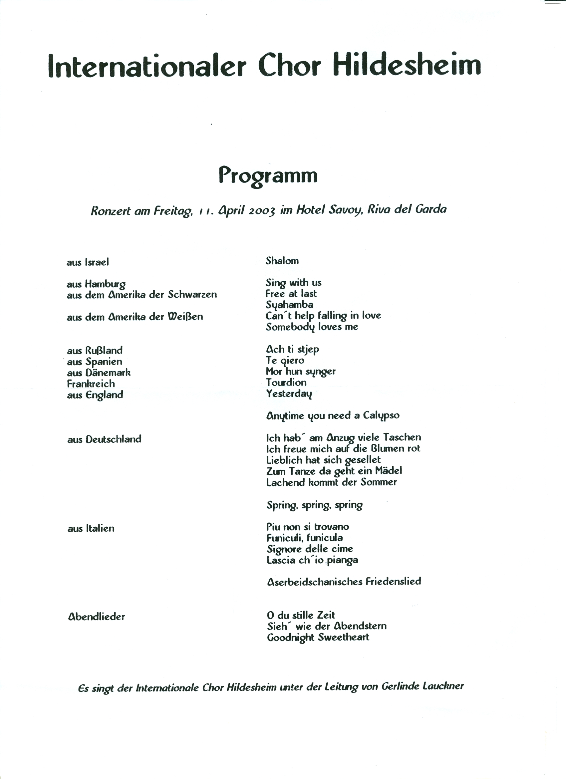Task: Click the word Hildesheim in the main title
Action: click(x=407, y=65)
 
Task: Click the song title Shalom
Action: click(x=282, y=261)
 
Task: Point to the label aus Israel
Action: click(x=88, y=262)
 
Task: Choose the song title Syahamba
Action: click(x=289, y=305)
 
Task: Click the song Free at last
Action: click(x=291, y=294)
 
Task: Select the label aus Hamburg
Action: click(x=96, y=284)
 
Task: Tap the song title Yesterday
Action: click(x=289, y=394)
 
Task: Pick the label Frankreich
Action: click(x=91, y=384)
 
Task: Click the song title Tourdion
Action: click(x=286, y=383)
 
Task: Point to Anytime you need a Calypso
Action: click(x=333, y=416)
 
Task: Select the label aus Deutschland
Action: click(x=104, y=439)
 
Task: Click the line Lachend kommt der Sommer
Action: click(x=331, y=482)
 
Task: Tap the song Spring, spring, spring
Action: click(x=314, y=505)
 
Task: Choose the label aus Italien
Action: click(x=91, y=529)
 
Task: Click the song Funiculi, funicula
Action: click(x=304, y=538)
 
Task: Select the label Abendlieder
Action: click(x=96, y=617)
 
